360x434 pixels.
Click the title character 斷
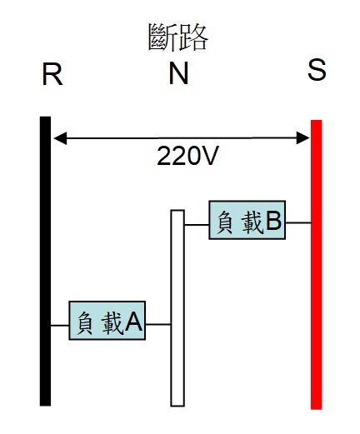point(162,37)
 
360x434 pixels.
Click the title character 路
point(193,37)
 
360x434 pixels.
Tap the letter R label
point(52,74)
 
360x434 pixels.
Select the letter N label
point(178,73)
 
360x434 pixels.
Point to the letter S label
point(317,71)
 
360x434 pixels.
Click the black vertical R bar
point(45,262)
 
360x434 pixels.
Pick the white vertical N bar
point(177,308)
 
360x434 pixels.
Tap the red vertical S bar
point(316,265)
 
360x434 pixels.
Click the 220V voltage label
point(187,156)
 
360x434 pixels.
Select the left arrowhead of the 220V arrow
point(60,138)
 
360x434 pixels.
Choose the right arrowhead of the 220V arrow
point(302,138)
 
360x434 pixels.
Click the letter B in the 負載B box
point(273,221)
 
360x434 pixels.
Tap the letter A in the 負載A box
point(133,322)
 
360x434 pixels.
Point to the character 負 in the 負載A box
point(84,323)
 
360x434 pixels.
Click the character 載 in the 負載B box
point(252,222)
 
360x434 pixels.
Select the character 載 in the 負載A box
point(112,323)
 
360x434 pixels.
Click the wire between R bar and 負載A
point(60,326)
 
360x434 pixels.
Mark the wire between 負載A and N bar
point(158,324)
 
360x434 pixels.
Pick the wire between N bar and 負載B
point(197,225)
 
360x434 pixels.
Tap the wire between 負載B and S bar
point(298,222)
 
